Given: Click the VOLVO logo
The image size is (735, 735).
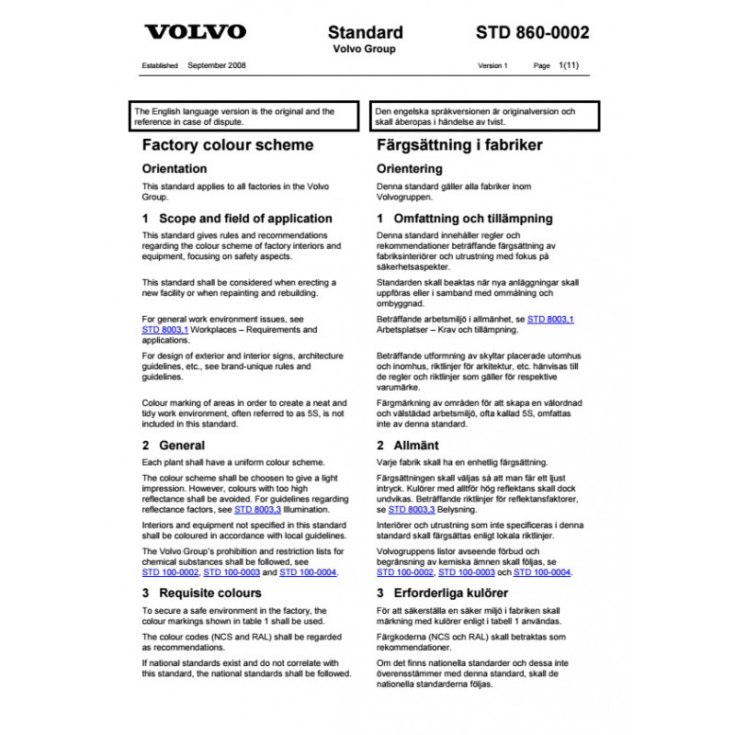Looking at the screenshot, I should click(196, 32).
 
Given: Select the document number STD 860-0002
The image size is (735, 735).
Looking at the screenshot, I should click(533, 33).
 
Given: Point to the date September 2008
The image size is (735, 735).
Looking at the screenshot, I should click(216, 66).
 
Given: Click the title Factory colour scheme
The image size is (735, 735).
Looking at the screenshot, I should click(228, 145).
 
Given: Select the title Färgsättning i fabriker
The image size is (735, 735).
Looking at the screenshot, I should click(459, 145).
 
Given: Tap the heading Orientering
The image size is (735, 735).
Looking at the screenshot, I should click(410, 169).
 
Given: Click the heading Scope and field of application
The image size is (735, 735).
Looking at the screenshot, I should click(245, 219).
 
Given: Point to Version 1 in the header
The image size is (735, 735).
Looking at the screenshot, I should click(492, 66).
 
